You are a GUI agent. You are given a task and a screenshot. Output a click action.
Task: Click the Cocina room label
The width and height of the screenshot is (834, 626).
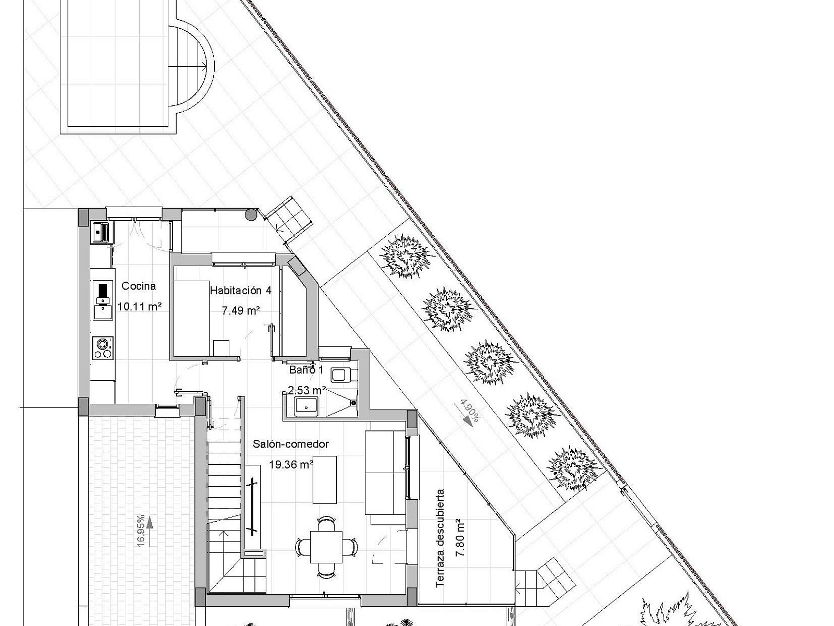(x=138, y=286)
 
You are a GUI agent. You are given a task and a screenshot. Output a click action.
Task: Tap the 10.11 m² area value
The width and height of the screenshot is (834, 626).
(x=140, y=306)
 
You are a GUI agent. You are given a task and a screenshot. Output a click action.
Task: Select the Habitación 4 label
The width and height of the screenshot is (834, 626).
(x=241, y=291)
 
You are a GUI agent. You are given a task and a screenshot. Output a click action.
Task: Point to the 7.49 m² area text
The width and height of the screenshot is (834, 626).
(x=241, y=310)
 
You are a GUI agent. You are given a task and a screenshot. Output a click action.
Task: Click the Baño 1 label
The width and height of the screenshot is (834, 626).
(x=306, y=370)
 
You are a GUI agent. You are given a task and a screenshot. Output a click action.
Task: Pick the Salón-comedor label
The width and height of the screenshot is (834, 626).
(x=291, y=444)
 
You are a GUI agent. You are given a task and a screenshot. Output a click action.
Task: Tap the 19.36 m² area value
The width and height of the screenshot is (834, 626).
(x=291, y=464)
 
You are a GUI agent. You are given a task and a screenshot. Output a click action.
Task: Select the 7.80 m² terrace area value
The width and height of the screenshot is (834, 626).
(x=460, y=538)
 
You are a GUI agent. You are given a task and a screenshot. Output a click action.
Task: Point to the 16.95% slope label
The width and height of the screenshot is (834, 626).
(x=141, y=530)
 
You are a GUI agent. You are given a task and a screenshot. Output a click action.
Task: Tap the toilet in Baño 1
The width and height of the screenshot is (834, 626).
(x=344, y=375)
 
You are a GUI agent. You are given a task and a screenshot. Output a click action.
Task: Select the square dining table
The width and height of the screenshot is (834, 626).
(x=326, y=547)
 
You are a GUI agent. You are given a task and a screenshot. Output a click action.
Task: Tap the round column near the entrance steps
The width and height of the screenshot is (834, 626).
(x=251, y=215)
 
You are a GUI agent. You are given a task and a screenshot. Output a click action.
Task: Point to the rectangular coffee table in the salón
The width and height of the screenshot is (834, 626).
(x=325, y=479)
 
